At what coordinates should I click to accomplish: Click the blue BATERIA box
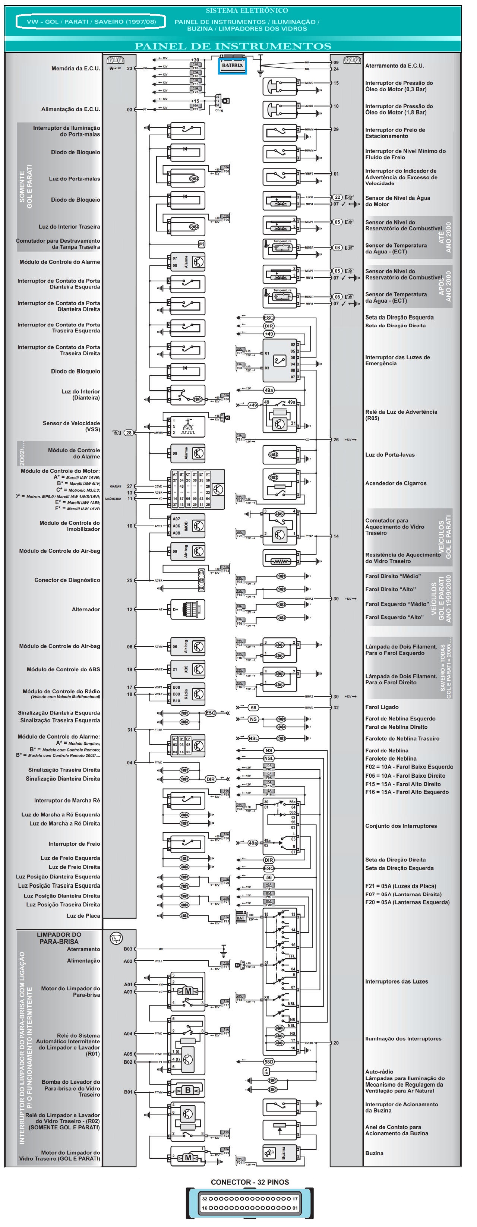[232, 65]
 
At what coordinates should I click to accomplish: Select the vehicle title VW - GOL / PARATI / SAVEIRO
[91, 22]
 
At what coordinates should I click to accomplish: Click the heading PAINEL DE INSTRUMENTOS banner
[233, 46]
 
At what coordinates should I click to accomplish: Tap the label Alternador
[86, 609]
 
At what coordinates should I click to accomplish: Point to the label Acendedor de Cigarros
[396, 483]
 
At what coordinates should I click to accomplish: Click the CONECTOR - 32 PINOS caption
[249, 1182]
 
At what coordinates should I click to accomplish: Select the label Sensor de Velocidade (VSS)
[72, 426]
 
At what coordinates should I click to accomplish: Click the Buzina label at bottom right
[374, 1153]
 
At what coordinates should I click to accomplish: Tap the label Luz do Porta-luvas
[389, 454]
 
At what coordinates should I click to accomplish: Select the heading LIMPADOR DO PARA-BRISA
[59, 938]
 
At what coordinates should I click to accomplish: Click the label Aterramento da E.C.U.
[394, 66]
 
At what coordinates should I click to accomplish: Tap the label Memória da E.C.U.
[76, 68]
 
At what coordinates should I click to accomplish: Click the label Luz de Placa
[83, 915]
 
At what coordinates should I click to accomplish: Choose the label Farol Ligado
[382, 707]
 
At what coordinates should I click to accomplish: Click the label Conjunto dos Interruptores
[401, 826]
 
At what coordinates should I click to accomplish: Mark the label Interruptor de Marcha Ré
[67, 800]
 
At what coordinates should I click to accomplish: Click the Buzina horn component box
[279, 1153]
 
